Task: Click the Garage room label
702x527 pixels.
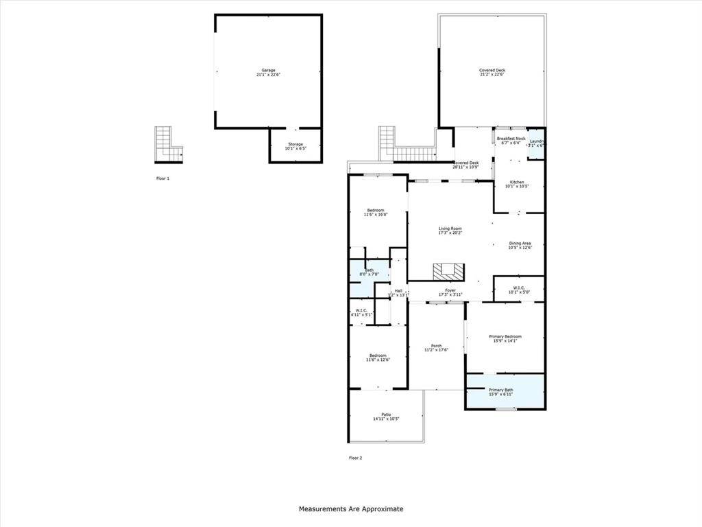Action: click(268, 72)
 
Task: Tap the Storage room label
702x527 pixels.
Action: click(295, 146)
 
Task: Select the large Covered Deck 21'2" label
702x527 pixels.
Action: click(492, 72)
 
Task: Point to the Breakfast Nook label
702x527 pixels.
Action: click(511, 141)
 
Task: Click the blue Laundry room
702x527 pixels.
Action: click(537, 143)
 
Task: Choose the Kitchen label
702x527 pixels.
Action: click(517, 184)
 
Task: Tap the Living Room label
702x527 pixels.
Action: click(450, 231)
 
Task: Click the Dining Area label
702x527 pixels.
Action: click(520, 245)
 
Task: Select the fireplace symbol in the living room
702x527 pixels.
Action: click(447, 271)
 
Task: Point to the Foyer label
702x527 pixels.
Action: click(450, 292)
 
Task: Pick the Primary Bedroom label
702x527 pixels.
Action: click(505, 338)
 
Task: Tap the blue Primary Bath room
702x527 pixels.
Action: click(505, 391)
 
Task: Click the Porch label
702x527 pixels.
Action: click(436, 348)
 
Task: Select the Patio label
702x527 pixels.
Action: click(387, 417)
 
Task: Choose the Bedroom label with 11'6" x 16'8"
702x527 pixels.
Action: click(376, 212)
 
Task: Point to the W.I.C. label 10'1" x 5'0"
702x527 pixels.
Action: click(518, 290)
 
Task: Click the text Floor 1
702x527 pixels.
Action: click(162, 178)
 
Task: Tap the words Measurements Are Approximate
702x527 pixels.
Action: click(351, 509)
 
